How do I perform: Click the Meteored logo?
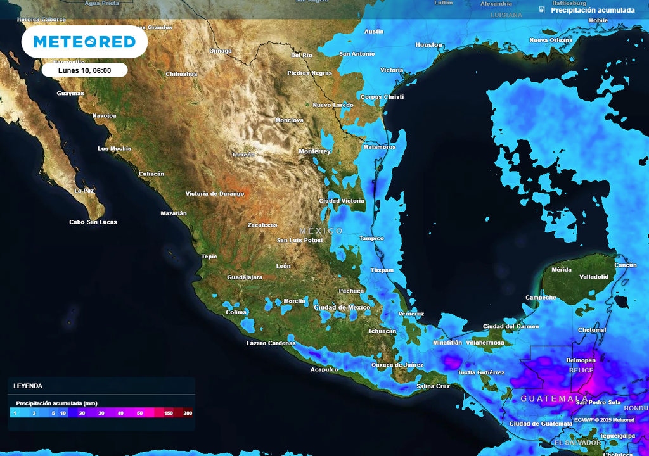[84, 42]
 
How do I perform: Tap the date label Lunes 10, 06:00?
[84, 70]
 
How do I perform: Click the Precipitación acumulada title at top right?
[593, 10]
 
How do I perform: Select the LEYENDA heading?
[28, 386]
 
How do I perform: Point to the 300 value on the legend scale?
[188, 413]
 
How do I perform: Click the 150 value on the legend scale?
[169, 413]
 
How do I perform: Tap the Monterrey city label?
[315, 151]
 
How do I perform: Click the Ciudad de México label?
[342, 307]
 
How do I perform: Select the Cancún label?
[626, 265]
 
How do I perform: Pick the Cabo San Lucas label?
[93, 222]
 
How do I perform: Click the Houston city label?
[428, 45]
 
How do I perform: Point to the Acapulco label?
[324, 369]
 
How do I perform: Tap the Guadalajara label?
[245, 277]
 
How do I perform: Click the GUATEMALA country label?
[554, 399]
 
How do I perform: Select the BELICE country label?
[581, 370]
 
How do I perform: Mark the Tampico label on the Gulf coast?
[371, 238]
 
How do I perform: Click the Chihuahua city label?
[181, 74]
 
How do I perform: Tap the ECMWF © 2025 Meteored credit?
[604, 420]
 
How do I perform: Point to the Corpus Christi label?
[382, 97]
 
